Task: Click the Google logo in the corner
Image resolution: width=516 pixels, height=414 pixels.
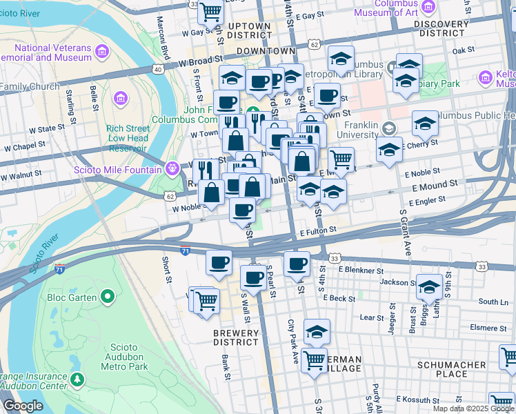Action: pyautogui.click(x=23, y=406)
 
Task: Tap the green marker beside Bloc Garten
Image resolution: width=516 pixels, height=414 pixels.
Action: pyautogui.click(x=107, y=297)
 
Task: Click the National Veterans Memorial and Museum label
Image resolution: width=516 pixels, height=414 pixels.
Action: pyautogui.click(x=53, y=52)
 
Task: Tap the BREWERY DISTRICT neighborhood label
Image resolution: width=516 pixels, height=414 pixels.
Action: pyautogui.click(x=235, y=337)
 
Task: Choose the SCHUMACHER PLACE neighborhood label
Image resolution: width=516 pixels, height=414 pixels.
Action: pyautogui.click(x=453, y=368)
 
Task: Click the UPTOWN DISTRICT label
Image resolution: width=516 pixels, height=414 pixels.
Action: pyautogui.click(x=249, y=30)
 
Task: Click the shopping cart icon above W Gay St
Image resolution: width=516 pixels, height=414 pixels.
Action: pyautogui.click(x=211, y=10)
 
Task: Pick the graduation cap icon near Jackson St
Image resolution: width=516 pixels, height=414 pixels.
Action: pyautogui.click(x=428, y=286)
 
